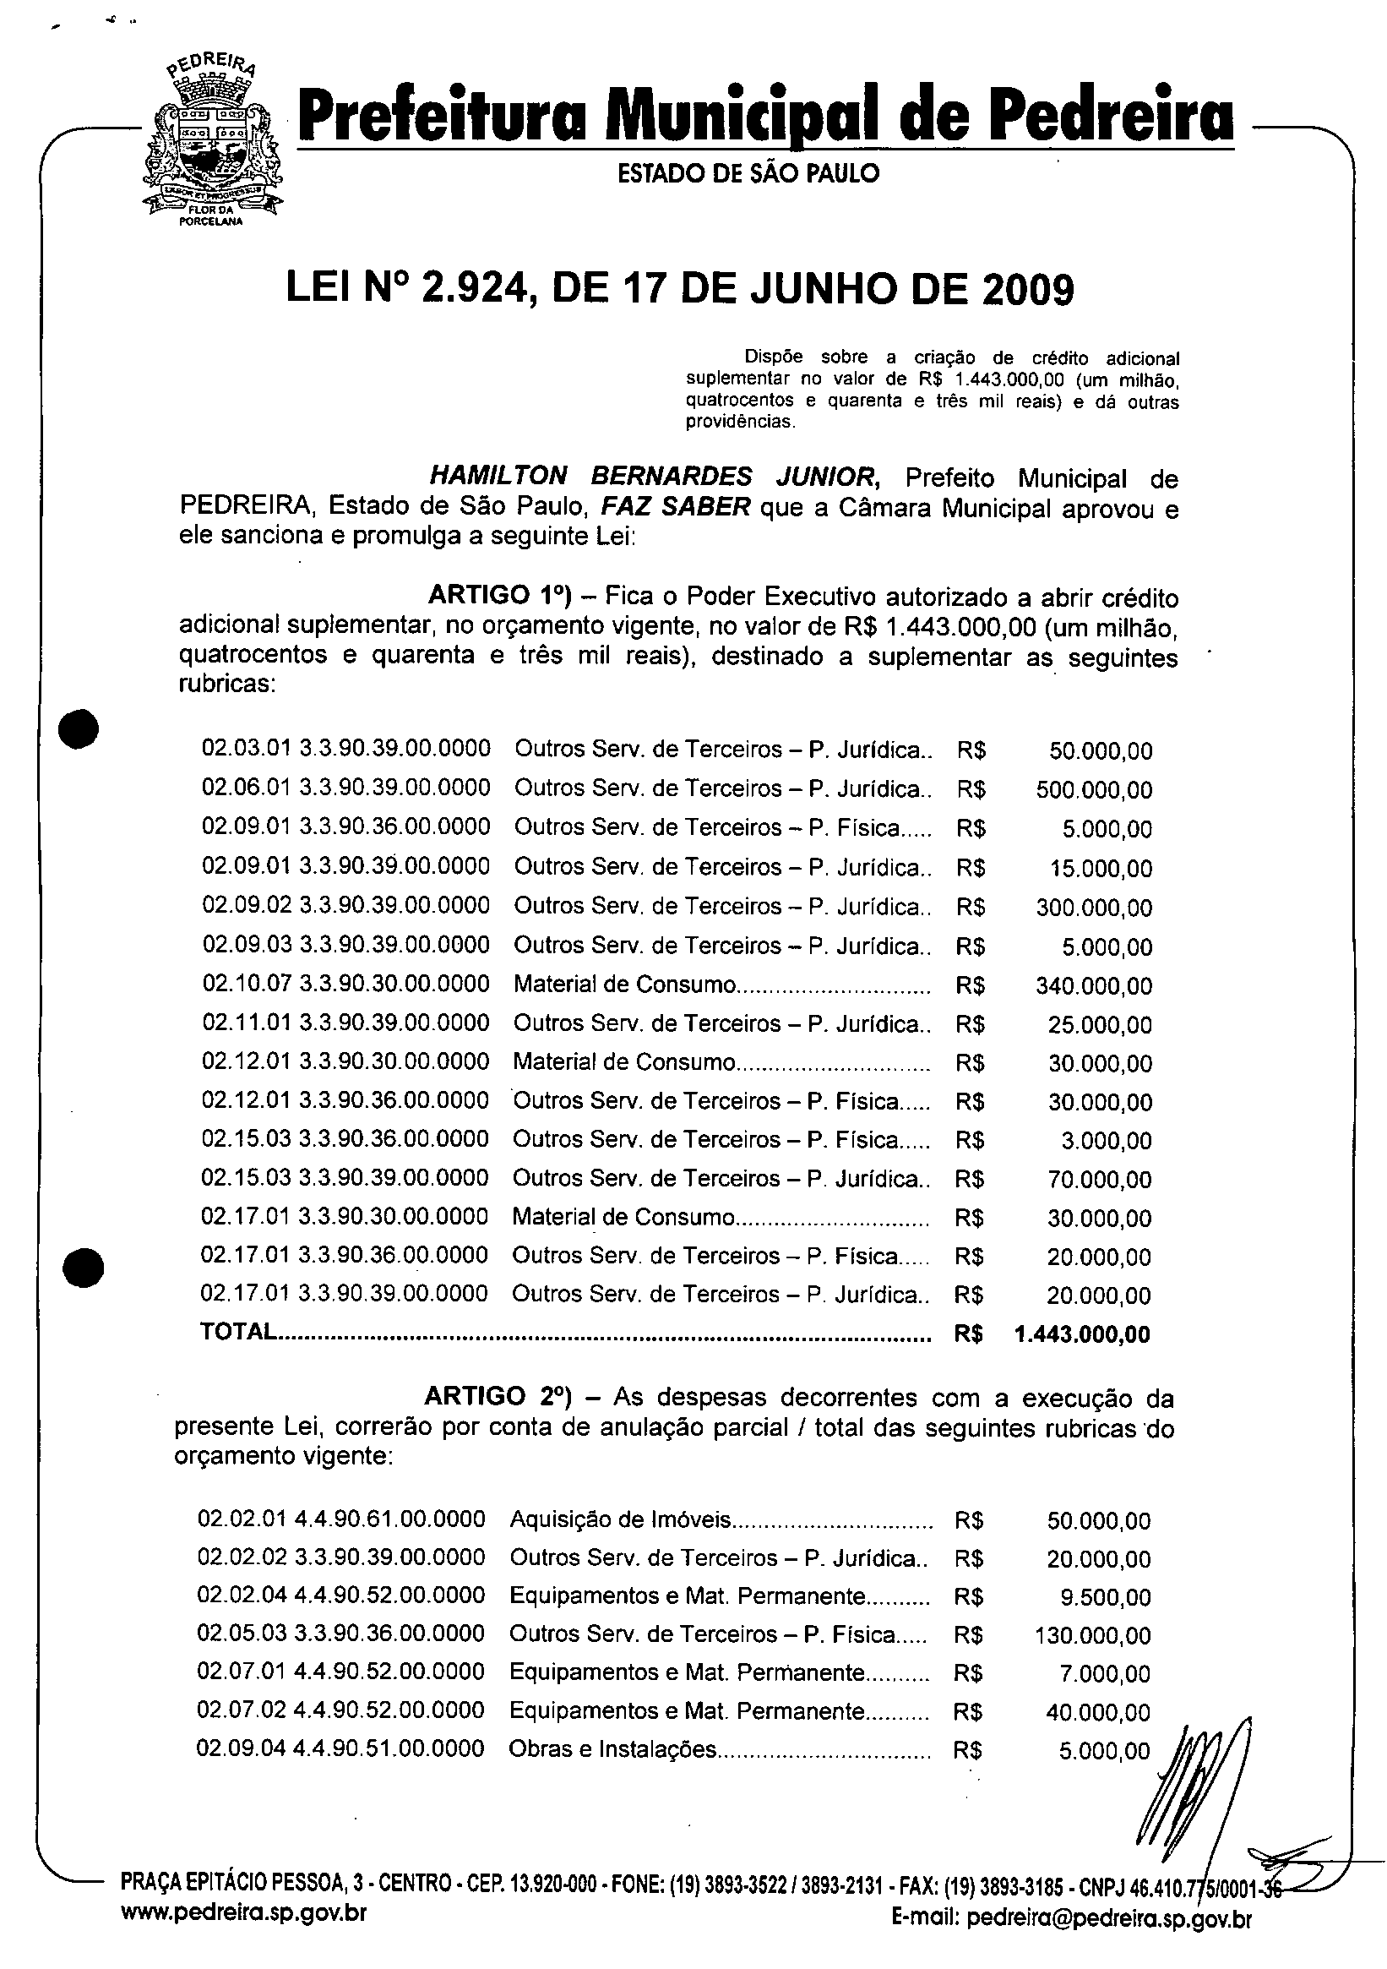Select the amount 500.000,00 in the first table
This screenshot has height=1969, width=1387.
point(1094,790)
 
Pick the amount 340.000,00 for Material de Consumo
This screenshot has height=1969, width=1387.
point(1094,986)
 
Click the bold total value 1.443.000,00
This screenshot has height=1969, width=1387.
point(1082,1334)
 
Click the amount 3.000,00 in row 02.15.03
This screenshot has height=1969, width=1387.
point(1113,1142)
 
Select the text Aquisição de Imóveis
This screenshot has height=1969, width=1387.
point(621,1520)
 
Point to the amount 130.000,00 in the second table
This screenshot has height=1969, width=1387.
point(1093,1636)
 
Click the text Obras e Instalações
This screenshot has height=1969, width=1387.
point(612,1749)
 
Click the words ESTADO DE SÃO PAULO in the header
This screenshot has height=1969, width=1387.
point(748,174)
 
